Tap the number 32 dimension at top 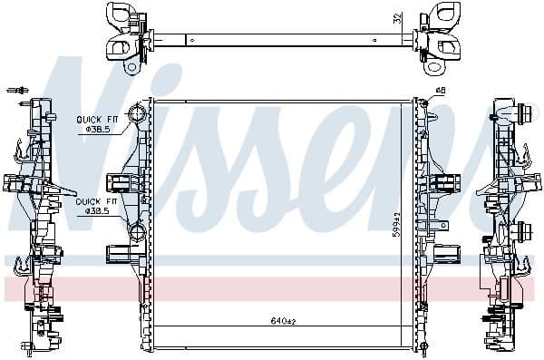tap(396, 17)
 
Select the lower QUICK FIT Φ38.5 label tap(96, 206)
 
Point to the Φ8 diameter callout tap(441, 89)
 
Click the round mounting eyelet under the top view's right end tap(435, 66)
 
